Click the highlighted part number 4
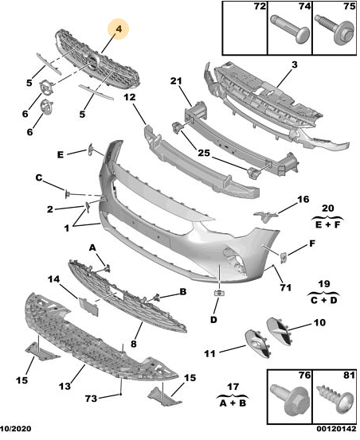(x=119, y=29)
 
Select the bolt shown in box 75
(x=334, y=30)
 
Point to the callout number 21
(x=176, y=81)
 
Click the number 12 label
(x=130, y=97)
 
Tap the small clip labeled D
(x=219, y=293)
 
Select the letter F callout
(x=312, y=243)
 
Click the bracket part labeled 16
(x=265, y=216)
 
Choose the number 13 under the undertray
(x=65, y=386)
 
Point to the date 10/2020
(x=15, y=429)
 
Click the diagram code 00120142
(x=336, y=429)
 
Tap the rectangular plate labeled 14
(x=88, y=306)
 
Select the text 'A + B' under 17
(x=233, y=403)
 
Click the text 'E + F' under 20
(x=327, y=225)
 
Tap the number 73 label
(x=91, y=399)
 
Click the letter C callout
(x=39, y=177)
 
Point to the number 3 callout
(x=294, y=64)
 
